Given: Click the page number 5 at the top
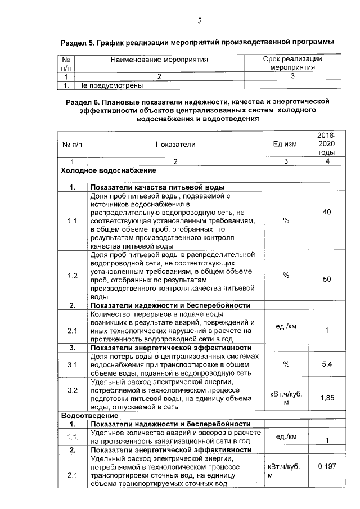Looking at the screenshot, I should (199, 21).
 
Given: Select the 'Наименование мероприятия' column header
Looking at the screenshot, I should (159, 59).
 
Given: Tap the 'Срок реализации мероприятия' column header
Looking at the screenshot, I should (292, 62).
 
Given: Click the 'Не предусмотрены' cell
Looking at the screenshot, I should (111, 85).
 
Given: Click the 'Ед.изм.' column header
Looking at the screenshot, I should (286, 144).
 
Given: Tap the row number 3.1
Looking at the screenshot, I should (72, 365).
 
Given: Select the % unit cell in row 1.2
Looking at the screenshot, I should (286, 276).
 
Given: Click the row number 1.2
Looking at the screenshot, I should (72, 276).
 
